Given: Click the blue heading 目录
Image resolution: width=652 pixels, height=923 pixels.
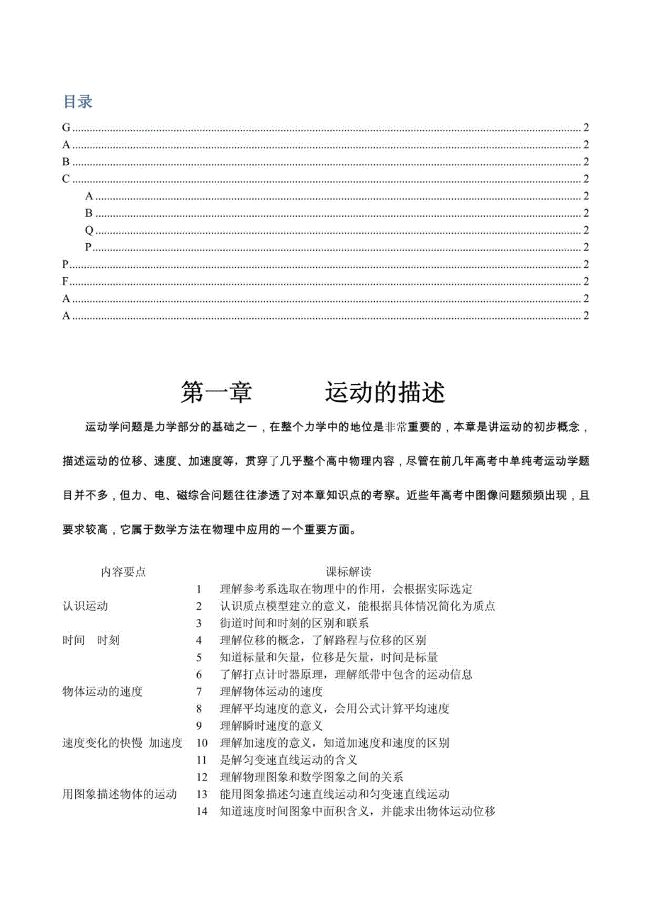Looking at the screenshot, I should click(x=78, y=102).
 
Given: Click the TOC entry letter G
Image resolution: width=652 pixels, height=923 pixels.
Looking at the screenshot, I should click(x=67, y=128).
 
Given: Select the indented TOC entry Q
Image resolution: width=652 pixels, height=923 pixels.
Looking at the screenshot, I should click(x=89, y=230).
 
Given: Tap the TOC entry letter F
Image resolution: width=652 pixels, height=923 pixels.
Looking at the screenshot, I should click(x=66, y=281).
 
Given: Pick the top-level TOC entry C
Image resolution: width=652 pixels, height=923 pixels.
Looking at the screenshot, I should click(x=67, y=179).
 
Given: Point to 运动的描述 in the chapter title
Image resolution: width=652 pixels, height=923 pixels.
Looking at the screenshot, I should click(x=386, y=391).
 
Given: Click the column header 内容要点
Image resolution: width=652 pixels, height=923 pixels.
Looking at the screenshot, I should click(x=123, y=571).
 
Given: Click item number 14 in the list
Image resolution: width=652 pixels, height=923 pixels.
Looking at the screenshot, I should click(x=202, y=811).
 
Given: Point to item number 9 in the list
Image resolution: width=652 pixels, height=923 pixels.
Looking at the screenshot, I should click(x=200, y=725).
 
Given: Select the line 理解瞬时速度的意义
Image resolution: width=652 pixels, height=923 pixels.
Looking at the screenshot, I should click(x=271, y=725).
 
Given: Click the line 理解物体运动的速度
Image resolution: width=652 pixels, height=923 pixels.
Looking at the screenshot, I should click(x=271, y=691).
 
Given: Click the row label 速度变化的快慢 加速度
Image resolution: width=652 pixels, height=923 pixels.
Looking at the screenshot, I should click(x=123, y=743).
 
